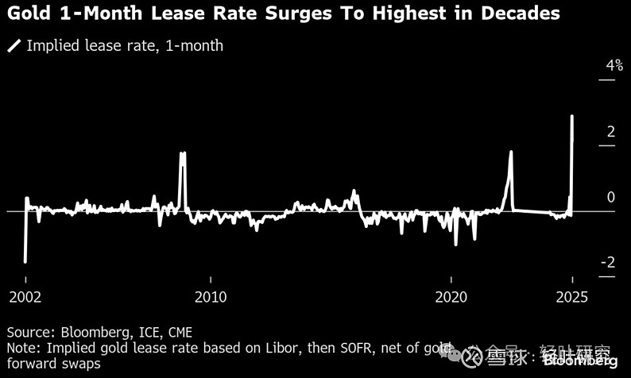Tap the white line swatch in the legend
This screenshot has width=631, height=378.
(x=14, y=46)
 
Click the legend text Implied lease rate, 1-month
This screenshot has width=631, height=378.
(x=125, y=46)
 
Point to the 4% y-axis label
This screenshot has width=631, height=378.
(x=614, y=66)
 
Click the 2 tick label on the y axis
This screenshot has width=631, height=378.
(x=611, y=132)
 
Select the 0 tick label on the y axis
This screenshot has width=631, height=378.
(x=611, y=197)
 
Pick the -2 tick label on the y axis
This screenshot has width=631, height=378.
(x=607, y=263)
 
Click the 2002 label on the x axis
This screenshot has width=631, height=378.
(x=25, y=297)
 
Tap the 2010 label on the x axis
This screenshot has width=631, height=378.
(x=210, y=297)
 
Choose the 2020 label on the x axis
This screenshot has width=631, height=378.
(x=451, y=297)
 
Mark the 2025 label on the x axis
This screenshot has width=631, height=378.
(x=571, y=297)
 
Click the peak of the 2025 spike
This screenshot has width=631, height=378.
(x=573, y=116)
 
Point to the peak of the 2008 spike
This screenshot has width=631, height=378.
(x=183, y=152)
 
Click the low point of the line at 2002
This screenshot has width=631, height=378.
(x=25, y=261)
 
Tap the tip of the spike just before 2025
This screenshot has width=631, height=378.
(x=511, y=152)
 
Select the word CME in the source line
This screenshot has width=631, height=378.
(x=177, y=332)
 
